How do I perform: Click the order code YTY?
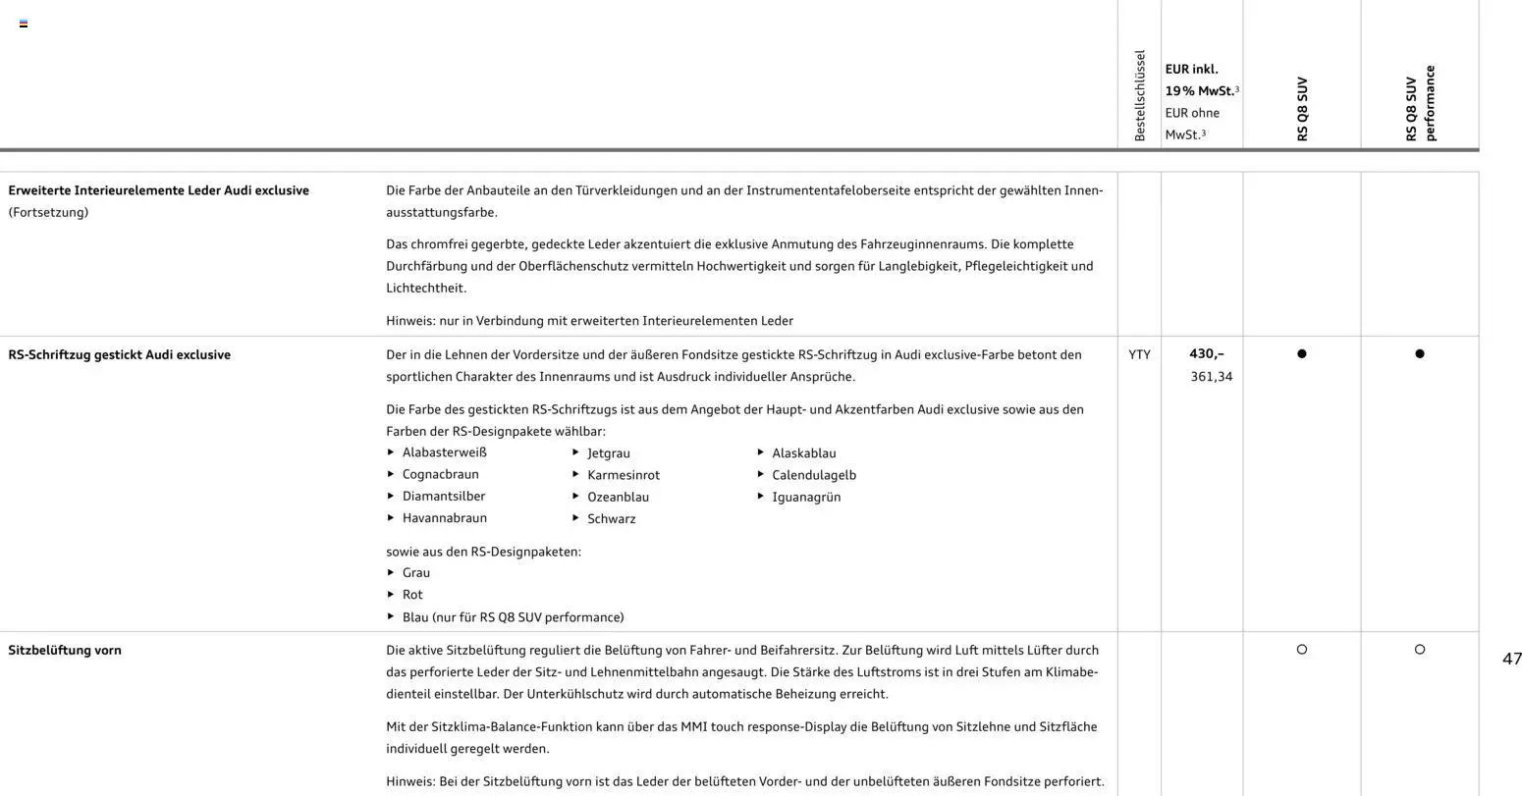coord(1139,354)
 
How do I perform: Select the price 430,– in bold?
coord(1207,353)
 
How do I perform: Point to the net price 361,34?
coord(1211,376)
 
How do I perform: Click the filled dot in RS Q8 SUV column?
coord(1302,353)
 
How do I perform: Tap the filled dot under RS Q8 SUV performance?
coord(1419,353)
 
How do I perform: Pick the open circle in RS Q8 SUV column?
coord(1302,649)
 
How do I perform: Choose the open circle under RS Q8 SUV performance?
coord(1419,649)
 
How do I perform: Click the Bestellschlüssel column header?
coord(1140,95)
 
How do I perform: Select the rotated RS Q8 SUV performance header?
coord(1420,103)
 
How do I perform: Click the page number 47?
coord(1511,659)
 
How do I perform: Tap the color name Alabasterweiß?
coord(444,452)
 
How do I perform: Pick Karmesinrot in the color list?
coord(623,475)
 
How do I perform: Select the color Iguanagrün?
coord(805,497)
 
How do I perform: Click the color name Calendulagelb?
coord(813,475)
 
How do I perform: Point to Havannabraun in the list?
coord(444,518)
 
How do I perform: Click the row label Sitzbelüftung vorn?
coord(65,650)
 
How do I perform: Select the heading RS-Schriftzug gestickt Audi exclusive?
coord(119,354)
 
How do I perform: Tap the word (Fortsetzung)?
coord(48,212)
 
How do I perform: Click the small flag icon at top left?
coord(24,24)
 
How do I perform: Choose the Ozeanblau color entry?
coord(618,497)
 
